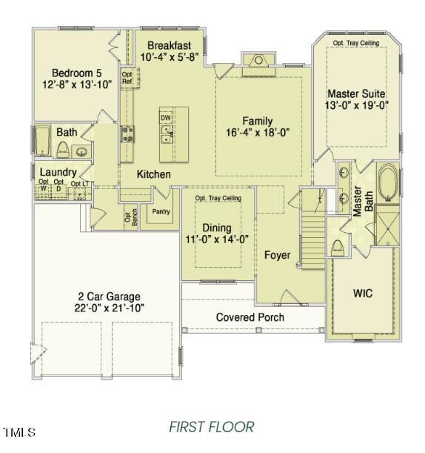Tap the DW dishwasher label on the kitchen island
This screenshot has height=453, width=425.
165,117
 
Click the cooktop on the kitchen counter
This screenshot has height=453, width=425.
127,134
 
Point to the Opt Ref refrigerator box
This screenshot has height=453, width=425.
127,77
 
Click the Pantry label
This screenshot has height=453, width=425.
161,211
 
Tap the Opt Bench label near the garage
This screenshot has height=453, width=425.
130,218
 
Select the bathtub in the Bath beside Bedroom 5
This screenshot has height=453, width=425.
42,141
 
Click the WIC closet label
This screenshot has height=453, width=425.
362,294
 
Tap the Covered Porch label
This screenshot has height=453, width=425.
250,317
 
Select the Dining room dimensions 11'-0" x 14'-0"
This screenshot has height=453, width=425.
217,239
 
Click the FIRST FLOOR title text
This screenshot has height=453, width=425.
211,427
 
